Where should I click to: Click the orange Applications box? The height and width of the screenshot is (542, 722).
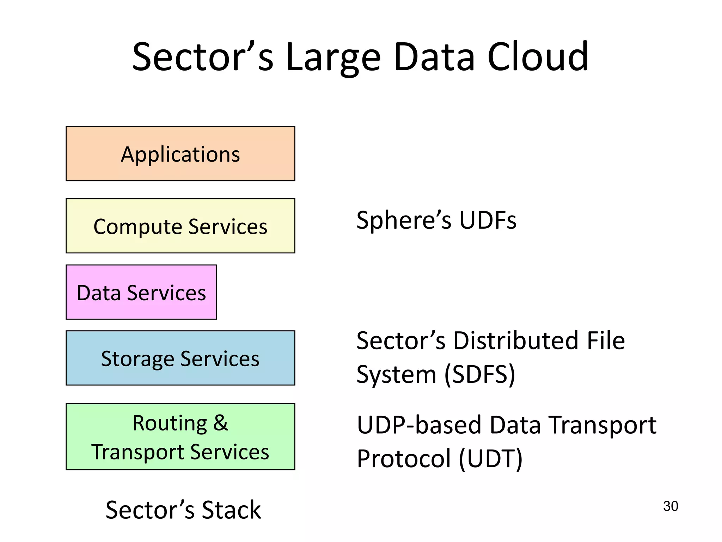pos(180,154)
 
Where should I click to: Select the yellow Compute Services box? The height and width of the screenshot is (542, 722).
pos(180,226)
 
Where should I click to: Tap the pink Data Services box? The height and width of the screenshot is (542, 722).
pos(141,292)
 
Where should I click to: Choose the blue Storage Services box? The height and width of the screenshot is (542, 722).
pos(180,358)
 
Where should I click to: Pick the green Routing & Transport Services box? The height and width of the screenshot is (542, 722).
pos(180,436)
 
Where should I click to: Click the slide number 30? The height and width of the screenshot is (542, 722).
pos(670,506)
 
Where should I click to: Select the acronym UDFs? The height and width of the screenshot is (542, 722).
pos(488,220)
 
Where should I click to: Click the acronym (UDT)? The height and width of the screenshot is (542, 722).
pos(490,458)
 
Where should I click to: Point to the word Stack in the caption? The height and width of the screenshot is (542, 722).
pos(231,510)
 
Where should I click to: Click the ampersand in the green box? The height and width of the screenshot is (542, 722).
pos(221,423)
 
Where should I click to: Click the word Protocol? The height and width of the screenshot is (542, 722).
pos(404,458)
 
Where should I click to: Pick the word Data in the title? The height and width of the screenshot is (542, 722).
pos(434,56)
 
